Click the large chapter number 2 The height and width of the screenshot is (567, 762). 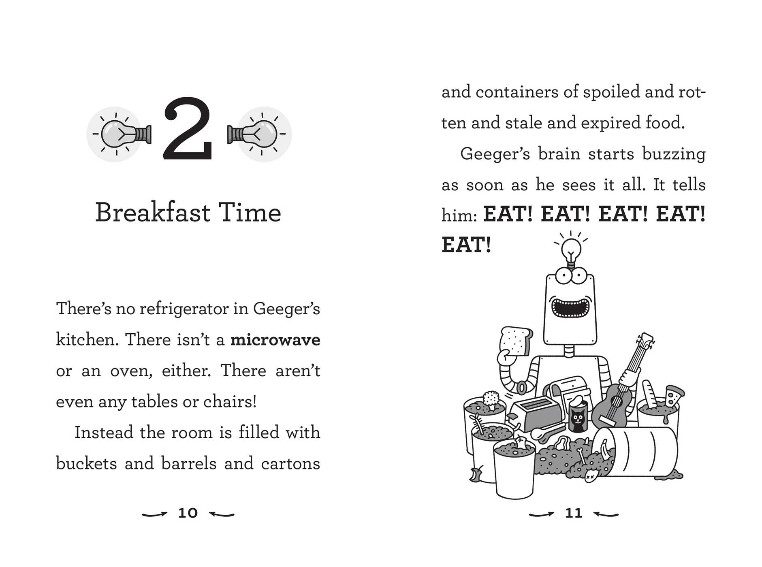pos(188,128)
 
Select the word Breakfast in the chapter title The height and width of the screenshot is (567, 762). pos(153,213)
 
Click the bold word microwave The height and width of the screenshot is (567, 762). pos(275,340)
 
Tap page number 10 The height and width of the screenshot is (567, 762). pos(188,513)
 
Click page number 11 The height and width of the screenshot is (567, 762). pos(574,513)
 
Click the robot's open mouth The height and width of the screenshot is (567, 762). pos(570,308)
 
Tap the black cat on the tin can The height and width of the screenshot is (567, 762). pos(578,420)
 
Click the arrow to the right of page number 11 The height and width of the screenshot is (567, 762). pos(606,514)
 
